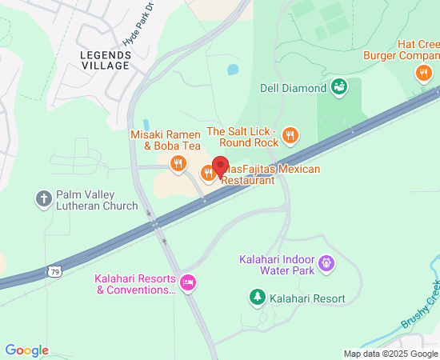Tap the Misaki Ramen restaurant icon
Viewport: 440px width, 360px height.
[x=178, y=165]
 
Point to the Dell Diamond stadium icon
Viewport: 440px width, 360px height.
[x=338, y=86]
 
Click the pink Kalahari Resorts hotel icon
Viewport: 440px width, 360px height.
[x=188, y=282]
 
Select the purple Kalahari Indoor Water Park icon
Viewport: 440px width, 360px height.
[x=326, y=262]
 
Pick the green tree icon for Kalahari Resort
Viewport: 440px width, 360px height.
[x=258, y=298]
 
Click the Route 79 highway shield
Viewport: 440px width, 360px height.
[x=54, y=271]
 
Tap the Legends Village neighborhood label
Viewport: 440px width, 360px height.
[x=106, y=61]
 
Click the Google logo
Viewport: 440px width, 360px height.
[x=26, y=350]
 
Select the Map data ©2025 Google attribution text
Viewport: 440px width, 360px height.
[x=391, y=354]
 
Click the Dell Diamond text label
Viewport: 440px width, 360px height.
[x=293, y=87]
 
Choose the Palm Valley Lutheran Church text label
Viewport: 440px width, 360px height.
[x=97, y=201]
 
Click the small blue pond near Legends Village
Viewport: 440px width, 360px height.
[x=232, y=70]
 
